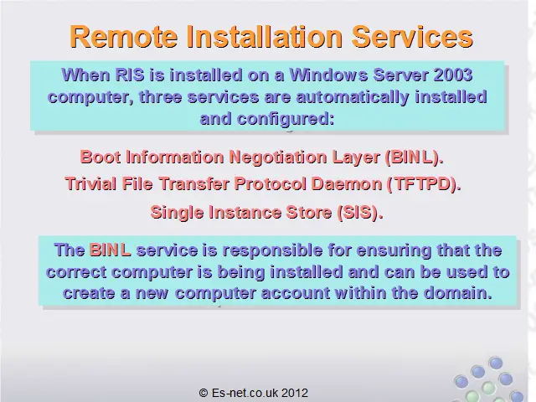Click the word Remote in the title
[123, 37]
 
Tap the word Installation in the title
[265, 37]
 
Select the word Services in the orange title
[412, 37]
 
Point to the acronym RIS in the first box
[130, 75]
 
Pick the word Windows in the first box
[328, 75]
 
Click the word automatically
[353, 97]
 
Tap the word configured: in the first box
[286, 119]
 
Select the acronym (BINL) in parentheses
[414, 157]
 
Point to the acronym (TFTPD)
[424, 184]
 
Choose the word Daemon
[347, 184]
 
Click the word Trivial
[90, 184]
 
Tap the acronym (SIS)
[359, 212]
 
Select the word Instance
[245, 212]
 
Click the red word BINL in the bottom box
[110, 250]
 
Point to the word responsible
[272, 250]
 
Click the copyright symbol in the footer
[204, 393]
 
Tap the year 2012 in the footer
[295, 393]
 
